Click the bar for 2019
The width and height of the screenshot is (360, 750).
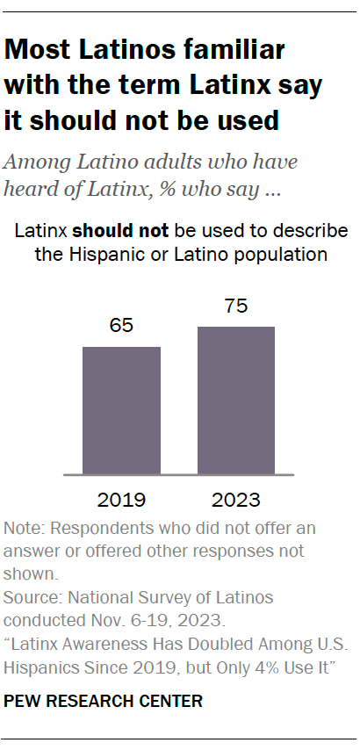122,410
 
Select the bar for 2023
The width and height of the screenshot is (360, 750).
236,400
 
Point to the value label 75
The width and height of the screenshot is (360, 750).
236,307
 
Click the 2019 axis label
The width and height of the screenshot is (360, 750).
122,501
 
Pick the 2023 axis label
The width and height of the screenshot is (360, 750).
236,501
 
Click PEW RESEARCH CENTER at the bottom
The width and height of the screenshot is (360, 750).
104,701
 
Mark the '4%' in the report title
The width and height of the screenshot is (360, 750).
274,666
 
